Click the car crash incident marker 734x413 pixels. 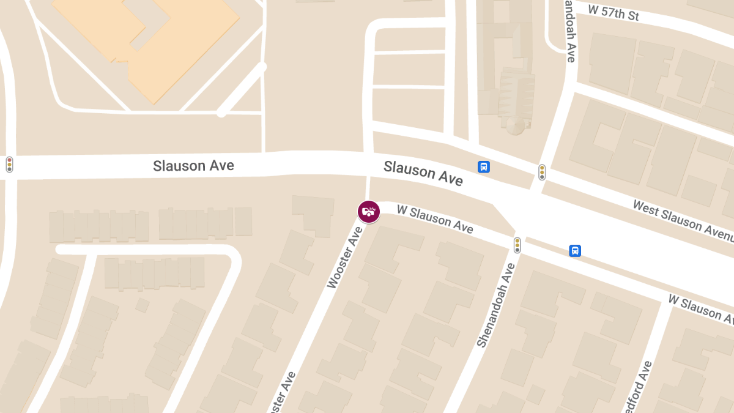pyautogui.click(x=369, y=212)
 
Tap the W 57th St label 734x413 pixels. pyautogui.click(x=613, y=12)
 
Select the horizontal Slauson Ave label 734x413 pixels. pyautogui.click(x=193, y=165)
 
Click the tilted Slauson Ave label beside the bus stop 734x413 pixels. pyautogui.click(x=423, y=173)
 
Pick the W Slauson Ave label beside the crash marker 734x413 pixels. pyautogui.click(x=435, y=218)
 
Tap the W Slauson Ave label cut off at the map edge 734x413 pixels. pyautogui.click(x=700, y=309)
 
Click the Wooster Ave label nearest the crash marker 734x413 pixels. pyautogui.click(x=345, y=257)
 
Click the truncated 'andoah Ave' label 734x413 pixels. pyautogui.click(x=570, y=31)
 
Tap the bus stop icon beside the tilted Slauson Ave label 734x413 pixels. pyautogui.click(x=483, y=167)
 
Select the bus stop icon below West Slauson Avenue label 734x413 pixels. pyautogui.click(x=575, y=251)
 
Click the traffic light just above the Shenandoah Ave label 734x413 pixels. pyautogui.click(x=517, y=245)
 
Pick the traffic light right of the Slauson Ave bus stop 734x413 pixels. pyautogui.click(x=541, y=172)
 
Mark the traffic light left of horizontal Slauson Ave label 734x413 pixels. pyautogui.click(x=9, y=164)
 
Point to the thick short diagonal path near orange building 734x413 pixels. pyautogui.click(x=242, y=89)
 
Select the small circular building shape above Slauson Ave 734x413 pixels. pyautogui.click(x=515, y=125)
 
